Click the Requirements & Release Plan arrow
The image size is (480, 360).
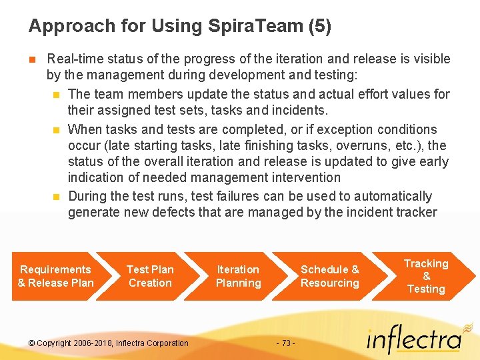(56, 276)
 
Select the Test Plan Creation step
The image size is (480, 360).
(150, 276)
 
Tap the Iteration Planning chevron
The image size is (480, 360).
(238, 276)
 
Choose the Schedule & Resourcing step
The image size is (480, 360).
(329, 276)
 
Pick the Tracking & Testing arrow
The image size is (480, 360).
(426, 276)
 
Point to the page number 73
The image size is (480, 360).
(285, 343)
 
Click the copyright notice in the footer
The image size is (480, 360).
(109, 343)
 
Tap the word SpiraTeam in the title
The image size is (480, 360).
(245, 26)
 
